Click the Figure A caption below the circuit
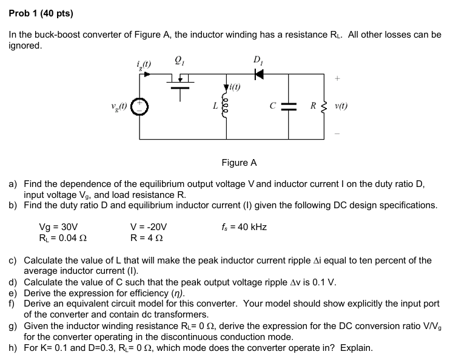[239, 162]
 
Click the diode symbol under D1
[259, 74]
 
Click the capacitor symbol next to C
[288, 105]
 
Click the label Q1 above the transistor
[179, 59]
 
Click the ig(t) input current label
[145, 63]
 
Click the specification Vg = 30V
[56, 228]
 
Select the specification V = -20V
[149, 228]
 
